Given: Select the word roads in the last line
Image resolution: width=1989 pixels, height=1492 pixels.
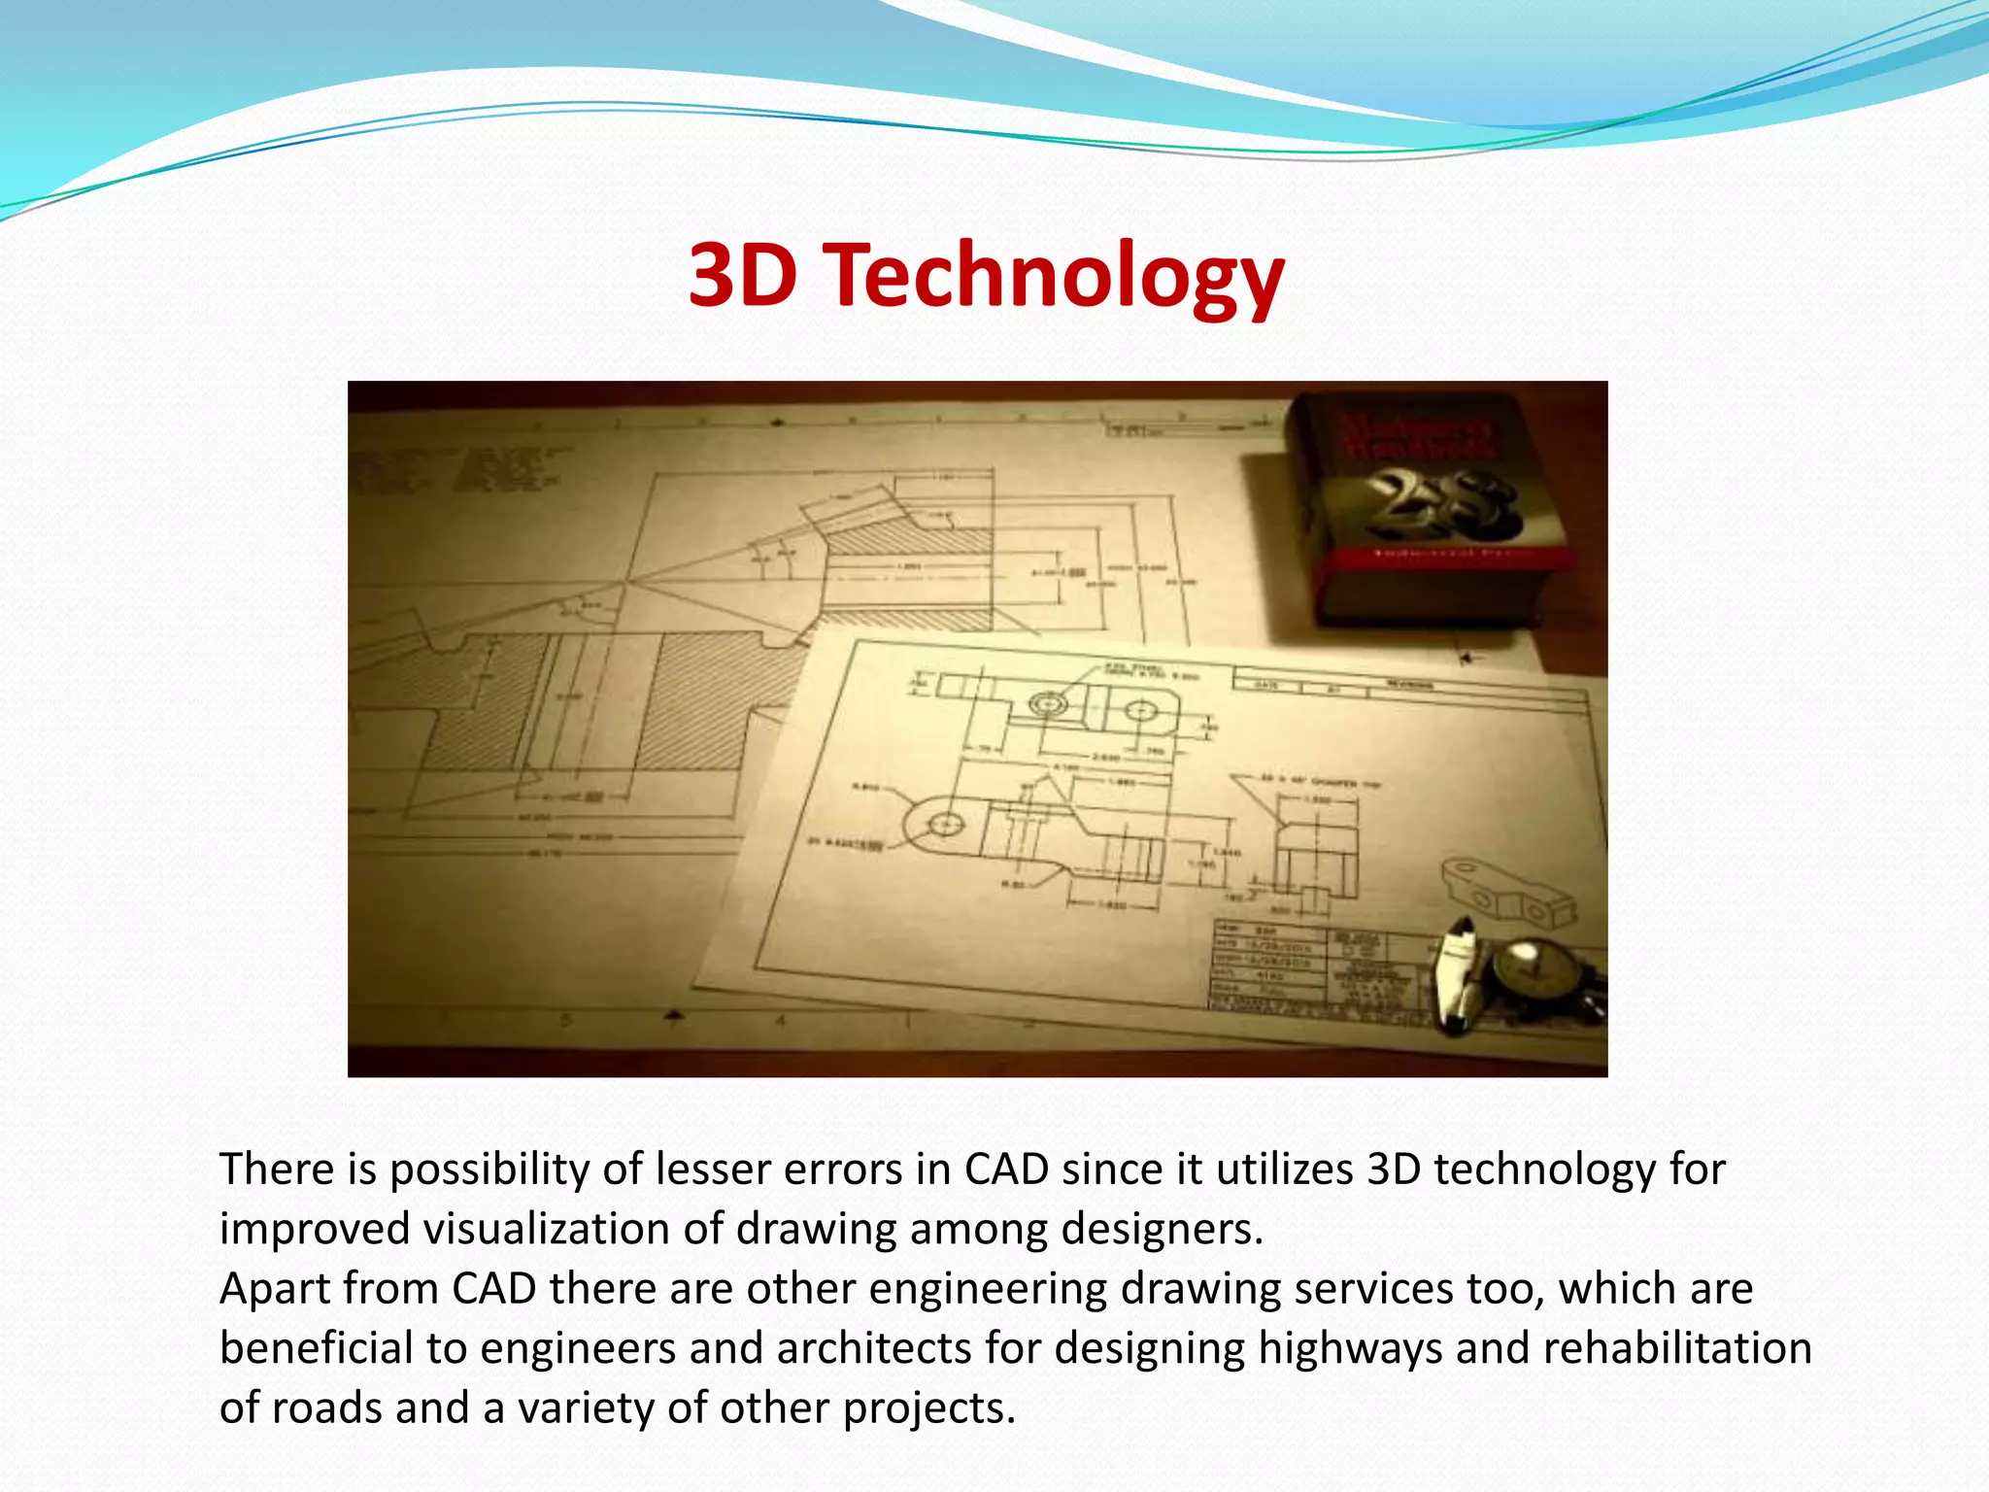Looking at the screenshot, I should click(325, 1408).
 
